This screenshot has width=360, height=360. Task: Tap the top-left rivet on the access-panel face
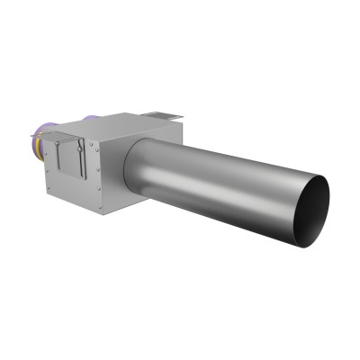52,135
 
